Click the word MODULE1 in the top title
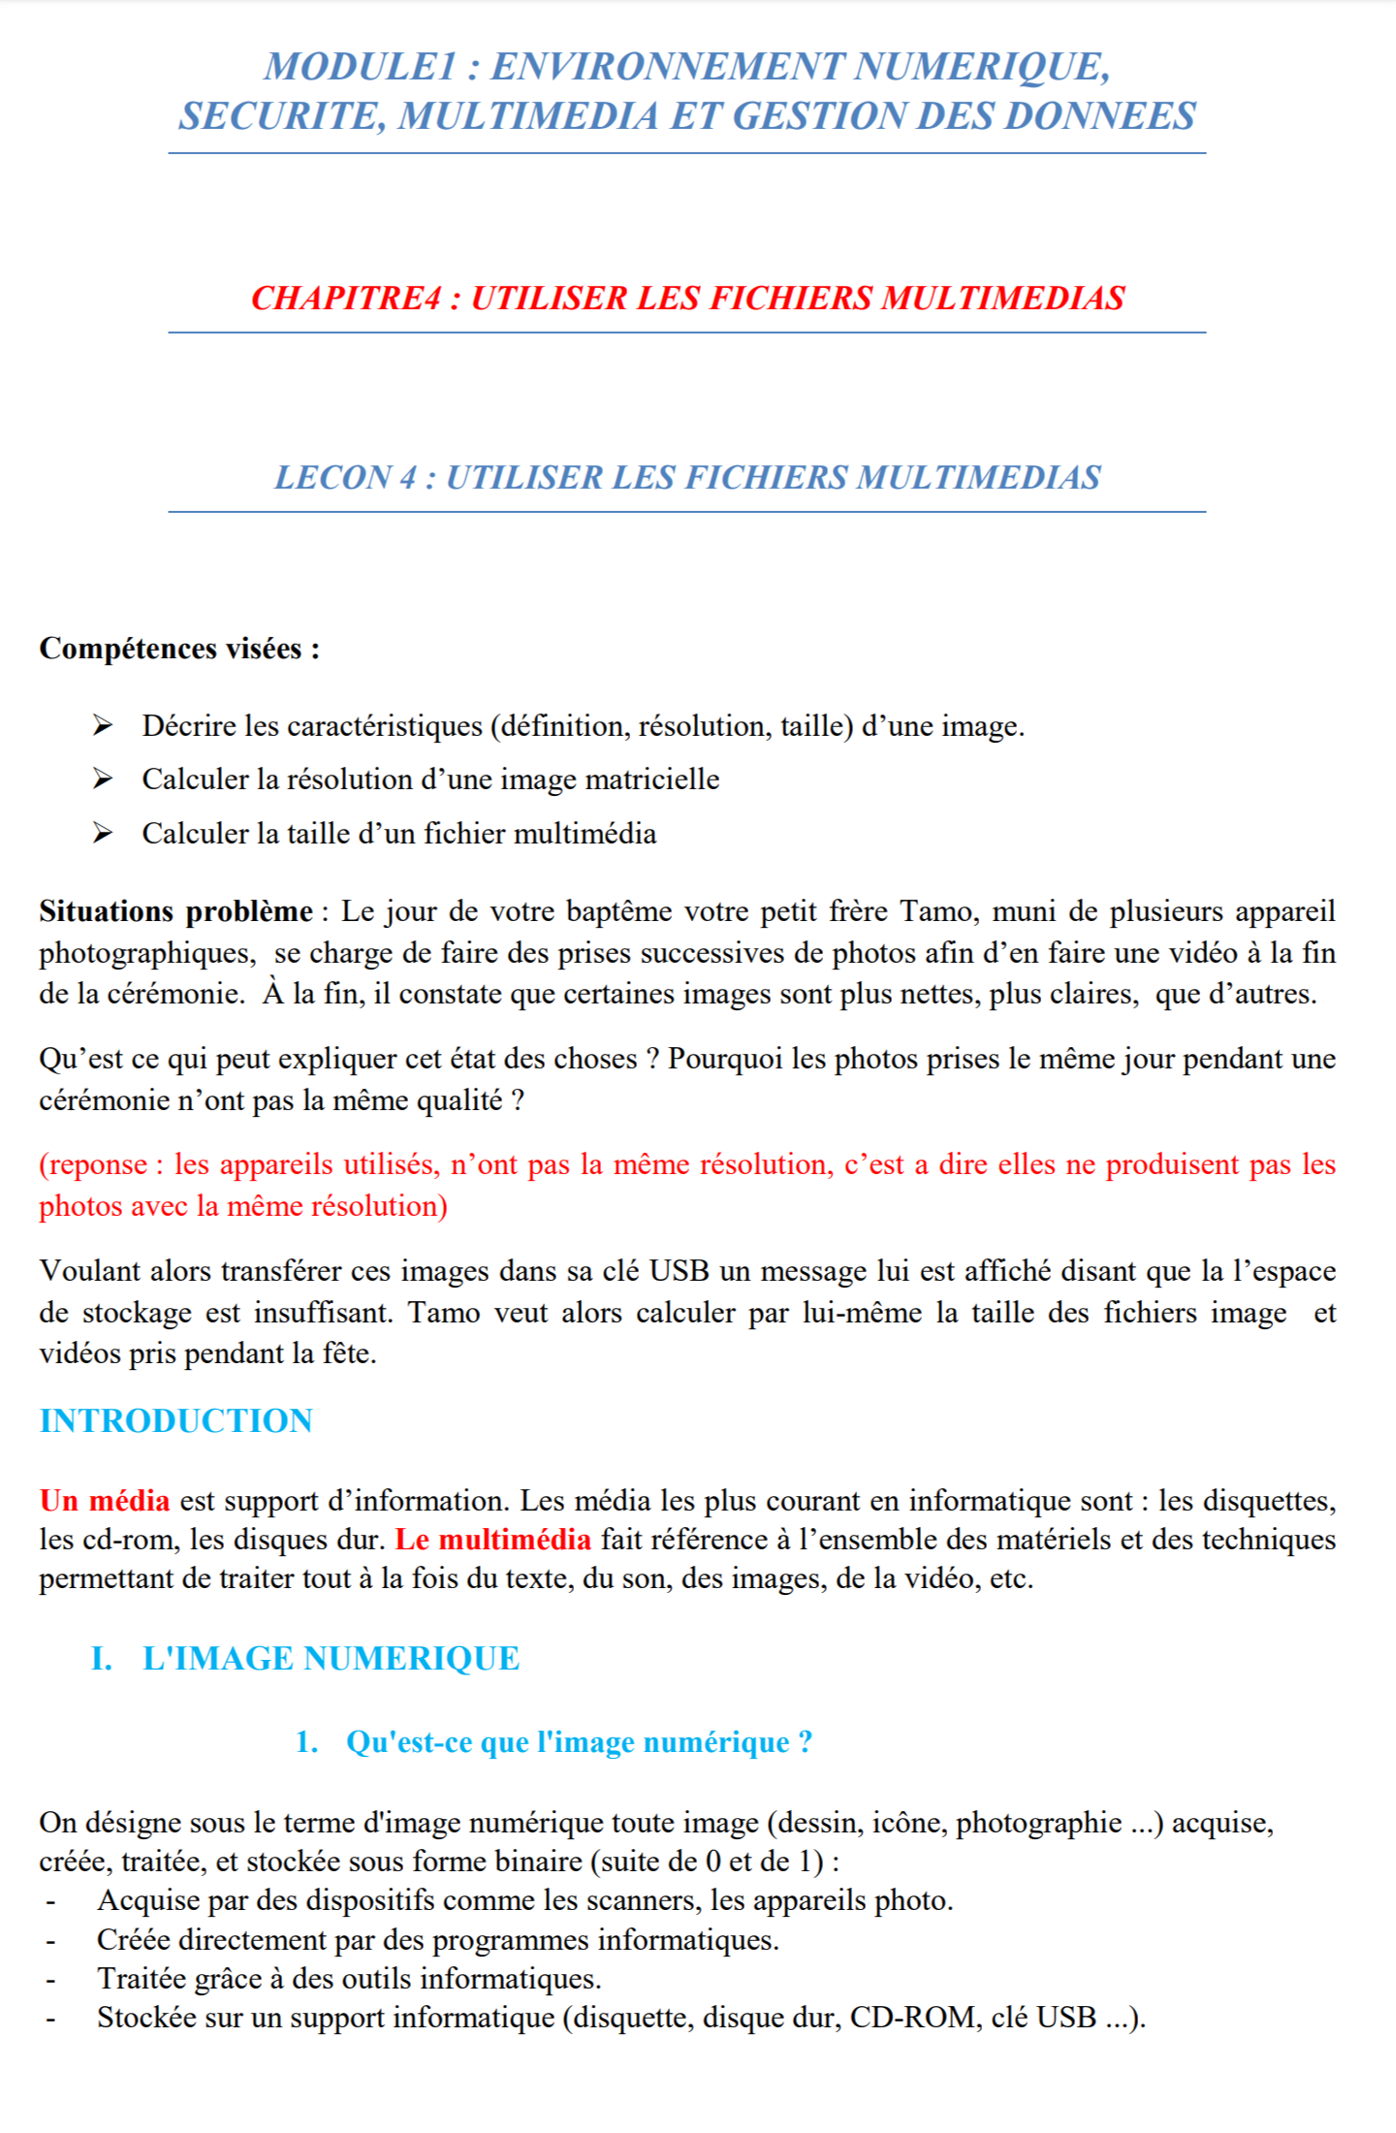pos(360,67)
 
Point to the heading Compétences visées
pos(179,649)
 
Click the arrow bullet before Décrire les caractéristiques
pos(103,725)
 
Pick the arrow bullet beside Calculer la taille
pos(103,833)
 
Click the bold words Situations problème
pos(175,911)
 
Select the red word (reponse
pos(94,1164)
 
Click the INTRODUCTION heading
pos(175,1421)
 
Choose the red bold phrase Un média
pos(105,1501)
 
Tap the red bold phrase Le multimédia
pos(492,1540)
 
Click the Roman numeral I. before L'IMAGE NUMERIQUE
pos(102,1659)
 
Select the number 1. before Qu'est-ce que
pos(307,1742)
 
